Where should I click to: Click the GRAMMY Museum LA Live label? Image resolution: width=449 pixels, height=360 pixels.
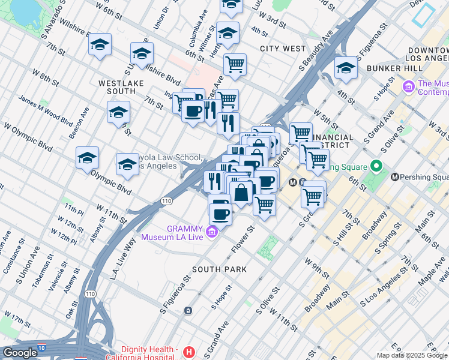pyautogui.click(x=174, y=232)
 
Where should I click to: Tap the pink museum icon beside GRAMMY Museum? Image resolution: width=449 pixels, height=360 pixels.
pyautogui.click(x=211, y=232)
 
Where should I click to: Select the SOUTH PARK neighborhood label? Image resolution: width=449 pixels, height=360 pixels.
pyautogui.click(x=219, y=269)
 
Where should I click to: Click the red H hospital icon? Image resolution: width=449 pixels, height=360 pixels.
pyautogui.click(x=189, y=352)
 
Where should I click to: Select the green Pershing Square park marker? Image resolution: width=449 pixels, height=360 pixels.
pyautogui.click(x=376, y=165)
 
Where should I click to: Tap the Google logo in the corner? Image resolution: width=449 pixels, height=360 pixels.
pyautogui.click(x=20, y=353)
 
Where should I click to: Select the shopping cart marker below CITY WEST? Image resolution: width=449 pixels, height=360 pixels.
pyautogui.click(x=235, y=64)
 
